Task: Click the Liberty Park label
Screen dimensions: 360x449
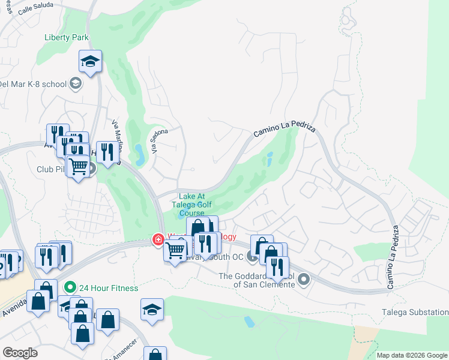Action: (67, 37)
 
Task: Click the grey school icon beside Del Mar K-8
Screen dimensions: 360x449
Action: (76, 83)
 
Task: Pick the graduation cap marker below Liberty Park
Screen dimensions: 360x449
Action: (90, 61)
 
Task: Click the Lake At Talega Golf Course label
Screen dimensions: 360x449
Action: (192, 205)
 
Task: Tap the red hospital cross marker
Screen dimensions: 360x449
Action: (158, 240)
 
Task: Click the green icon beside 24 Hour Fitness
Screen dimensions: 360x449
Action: (70, 288)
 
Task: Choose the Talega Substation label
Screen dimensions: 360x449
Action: (415, 312)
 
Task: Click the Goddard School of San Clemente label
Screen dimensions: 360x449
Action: (258, 280)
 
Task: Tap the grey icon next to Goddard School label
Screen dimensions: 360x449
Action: (304, 279)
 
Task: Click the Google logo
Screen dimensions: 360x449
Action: (20, 353)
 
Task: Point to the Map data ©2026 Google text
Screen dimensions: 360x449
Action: (412, 355)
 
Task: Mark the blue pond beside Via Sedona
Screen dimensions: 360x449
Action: (139, 154)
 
